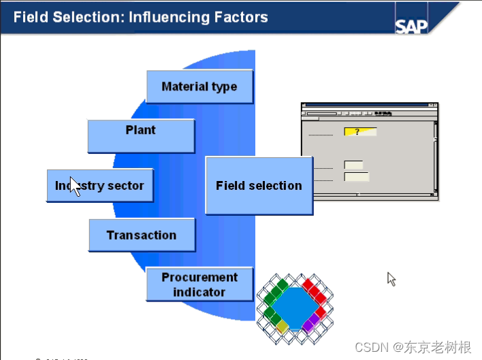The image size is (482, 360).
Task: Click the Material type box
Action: [x=199, y=86]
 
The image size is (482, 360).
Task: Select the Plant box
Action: [x=141, y=136]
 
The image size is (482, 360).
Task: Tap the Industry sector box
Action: [x=100, y=186]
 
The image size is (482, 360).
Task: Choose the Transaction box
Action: [x=142, y=235]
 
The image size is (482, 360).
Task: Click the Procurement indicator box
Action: [x=199, y=284]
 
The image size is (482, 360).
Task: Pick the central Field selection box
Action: [x=259, y=186]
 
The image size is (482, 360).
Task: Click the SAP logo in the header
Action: [x=413, y=25]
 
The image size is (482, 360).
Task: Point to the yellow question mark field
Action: [x=359, y=131]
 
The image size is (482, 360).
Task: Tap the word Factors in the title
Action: [x=242, y=16]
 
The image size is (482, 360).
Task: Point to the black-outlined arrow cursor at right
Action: [x=391, y=278]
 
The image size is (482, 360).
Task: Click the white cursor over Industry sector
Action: [x=75, y=186]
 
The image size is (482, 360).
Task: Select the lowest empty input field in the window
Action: [x=357, y=177]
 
